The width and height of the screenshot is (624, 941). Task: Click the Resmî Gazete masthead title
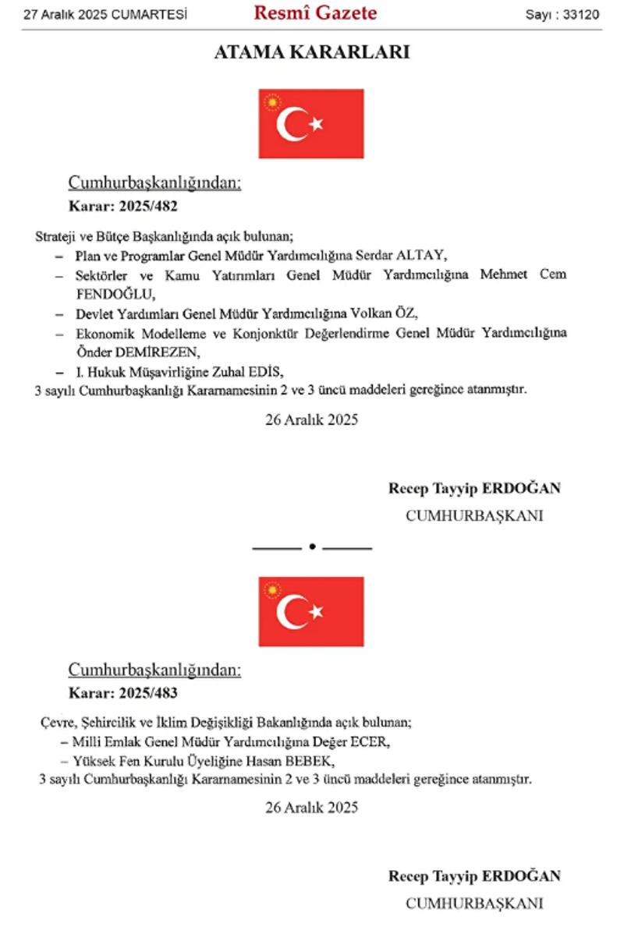tap(315, 13)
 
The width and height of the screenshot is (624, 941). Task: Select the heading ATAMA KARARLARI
tap(311, 53)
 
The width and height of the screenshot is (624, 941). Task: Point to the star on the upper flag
tap(316, 124)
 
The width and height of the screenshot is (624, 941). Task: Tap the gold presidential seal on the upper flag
tap(273, 103)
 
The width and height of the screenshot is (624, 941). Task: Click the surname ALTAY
tap(424, 255)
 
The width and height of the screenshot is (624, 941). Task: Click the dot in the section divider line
tap(312, 547)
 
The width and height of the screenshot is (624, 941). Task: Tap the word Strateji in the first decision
tap(55, 235)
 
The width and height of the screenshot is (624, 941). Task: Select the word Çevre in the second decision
tap(56, 722)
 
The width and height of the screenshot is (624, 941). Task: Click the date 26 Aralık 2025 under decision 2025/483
tap(311, 808)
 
